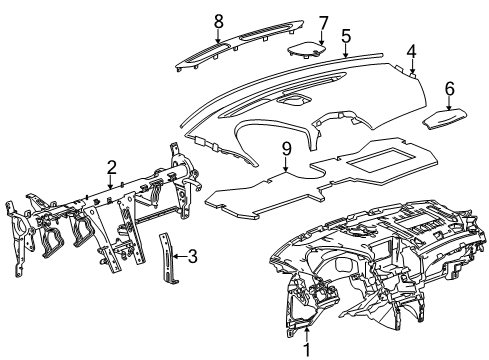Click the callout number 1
click(307, 349)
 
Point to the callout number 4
click(411, 49)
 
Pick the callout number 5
click(345, 35)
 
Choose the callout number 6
click(448, 89)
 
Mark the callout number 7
click(323, 22)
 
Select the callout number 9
click(286, 149)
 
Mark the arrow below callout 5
click(345, 52)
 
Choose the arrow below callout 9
click(286, 165)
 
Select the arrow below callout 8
click(218, 34)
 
